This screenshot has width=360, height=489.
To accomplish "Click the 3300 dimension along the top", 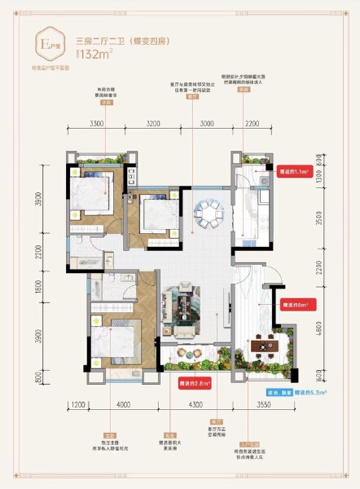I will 97,124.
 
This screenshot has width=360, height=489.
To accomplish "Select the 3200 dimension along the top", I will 157,124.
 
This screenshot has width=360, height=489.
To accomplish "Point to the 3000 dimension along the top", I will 206,124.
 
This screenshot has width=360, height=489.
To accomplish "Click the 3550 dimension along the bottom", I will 262,404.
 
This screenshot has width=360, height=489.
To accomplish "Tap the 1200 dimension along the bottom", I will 77,404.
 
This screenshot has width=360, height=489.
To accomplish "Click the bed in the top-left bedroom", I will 90,197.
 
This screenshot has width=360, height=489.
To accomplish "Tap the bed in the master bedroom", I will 112,342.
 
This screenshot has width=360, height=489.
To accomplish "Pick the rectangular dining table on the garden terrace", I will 264,348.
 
